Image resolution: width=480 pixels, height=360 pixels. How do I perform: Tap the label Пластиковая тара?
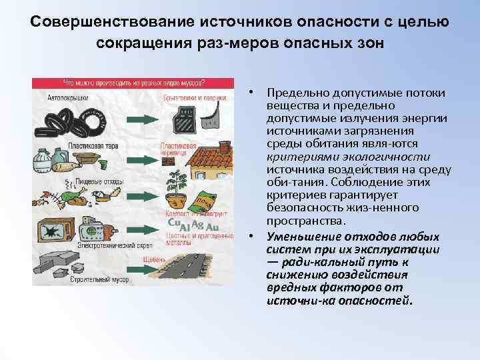coord(70,143)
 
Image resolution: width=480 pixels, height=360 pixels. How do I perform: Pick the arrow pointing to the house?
coord(141,159)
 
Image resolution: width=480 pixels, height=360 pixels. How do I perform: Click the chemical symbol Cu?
coord(174,223)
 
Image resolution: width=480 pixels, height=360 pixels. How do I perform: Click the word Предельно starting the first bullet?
coord(296,93)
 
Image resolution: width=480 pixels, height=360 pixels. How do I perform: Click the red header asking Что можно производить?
coord(133,84)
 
